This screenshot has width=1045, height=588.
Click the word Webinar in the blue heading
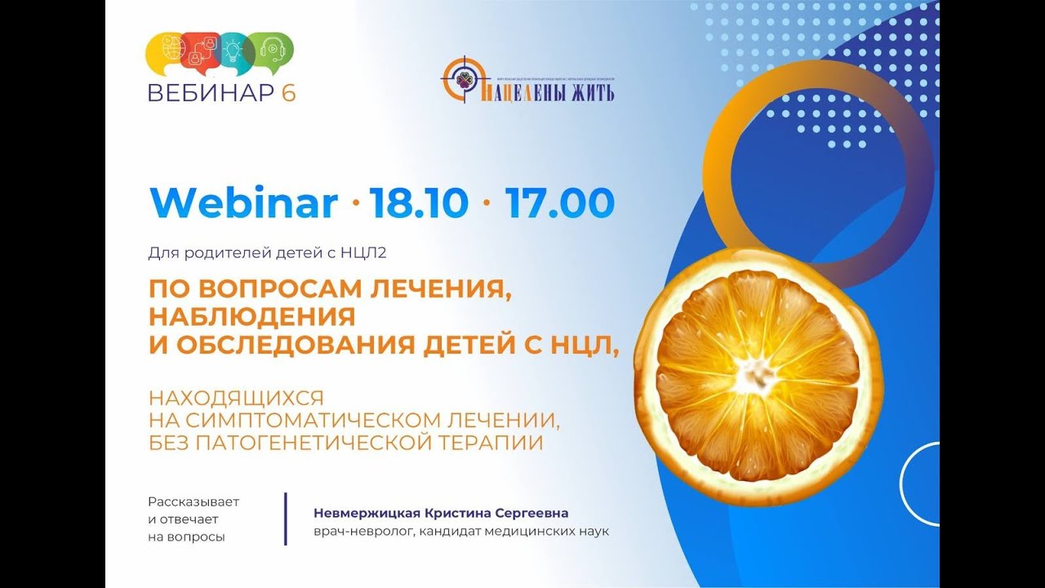[242, 203]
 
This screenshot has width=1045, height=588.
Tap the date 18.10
[419, 203]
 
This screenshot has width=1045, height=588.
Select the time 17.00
[559, 203]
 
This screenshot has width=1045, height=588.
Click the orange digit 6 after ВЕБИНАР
[289, 93]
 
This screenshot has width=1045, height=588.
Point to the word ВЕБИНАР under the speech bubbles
[211, 93]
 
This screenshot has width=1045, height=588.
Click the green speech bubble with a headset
[271, 51]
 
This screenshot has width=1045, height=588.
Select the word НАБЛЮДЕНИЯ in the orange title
[251, 315]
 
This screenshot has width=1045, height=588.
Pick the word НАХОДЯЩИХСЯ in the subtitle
[236, 399]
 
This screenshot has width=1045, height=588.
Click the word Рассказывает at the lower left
[193, 501]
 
